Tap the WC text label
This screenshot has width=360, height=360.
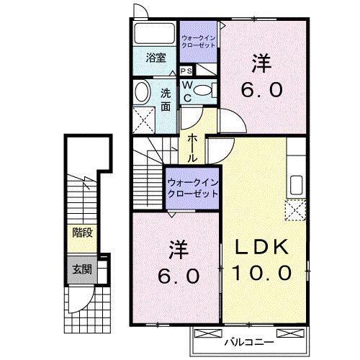(186, 91)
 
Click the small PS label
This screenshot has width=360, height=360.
(186, 71)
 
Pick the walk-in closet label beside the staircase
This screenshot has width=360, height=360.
(192, 189)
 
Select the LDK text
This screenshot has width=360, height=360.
(261, 247)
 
